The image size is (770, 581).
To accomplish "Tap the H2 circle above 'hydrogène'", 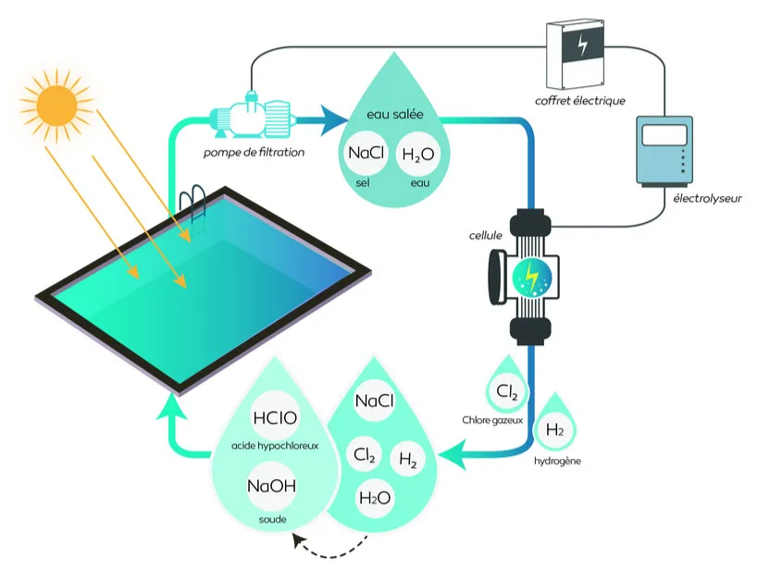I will pos(555,429).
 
